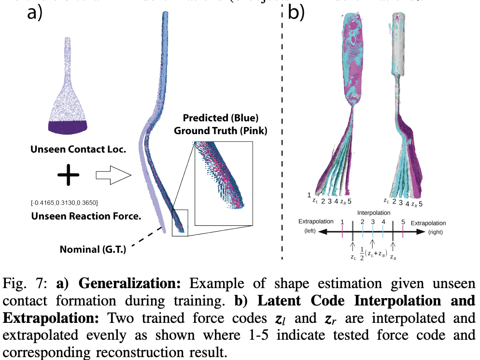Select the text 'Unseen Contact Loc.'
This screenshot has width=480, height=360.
(x=78, y=150)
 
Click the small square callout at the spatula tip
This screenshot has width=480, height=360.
(x=179, y=222)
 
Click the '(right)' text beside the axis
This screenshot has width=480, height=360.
(x=436, y=232)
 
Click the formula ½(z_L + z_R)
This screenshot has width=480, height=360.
(x=372, y=253)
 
